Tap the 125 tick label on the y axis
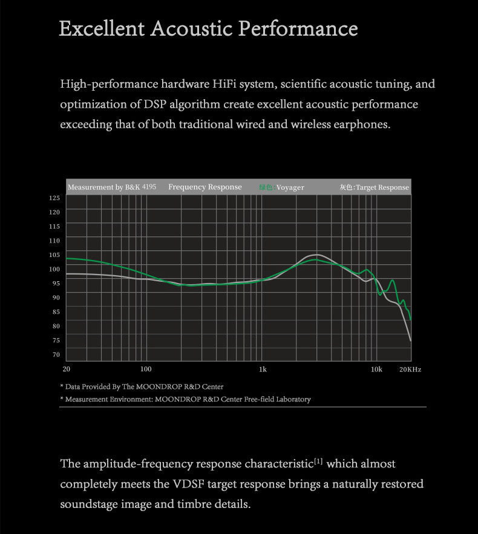coord(54,198)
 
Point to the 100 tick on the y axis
coord(54,269)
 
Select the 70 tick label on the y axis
coord(56,354)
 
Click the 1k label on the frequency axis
coord(263,369)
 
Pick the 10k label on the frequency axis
coord(376,369)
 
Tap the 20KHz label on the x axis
coord(410,369)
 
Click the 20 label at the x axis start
coord(66,369)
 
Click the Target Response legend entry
coord(375,187)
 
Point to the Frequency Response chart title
coord(205,187)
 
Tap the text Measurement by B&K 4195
coord(112,187)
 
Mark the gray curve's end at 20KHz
coord(411,341)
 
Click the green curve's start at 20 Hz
coord(66,258)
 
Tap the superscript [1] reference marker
coord(318,461)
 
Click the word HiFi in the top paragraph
coord(226,84)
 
